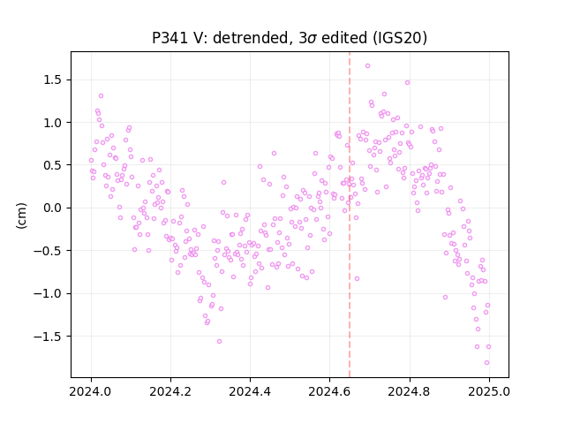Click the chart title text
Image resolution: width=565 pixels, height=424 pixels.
(x=290, y=38)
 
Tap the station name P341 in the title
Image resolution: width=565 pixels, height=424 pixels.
(x=169, y=38)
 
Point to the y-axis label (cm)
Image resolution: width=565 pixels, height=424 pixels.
(x=21, y=216)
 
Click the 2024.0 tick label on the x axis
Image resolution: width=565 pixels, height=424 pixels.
(x=91, y=391)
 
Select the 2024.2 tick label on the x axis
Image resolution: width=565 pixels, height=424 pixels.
(x=170, y=391)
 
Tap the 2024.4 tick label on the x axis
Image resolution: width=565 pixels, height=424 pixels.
(x=250, y=391)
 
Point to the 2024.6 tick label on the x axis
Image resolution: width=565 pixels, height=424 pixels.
(x=329, y=391)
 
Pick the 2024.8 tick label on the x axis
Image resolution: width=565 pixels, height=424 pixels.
(x=409, y=391)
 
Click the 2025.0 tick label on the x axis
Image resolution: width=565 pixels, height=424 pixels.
(x=489, y=391)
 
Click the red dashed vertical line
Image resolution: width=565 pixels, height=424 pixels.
(x=350, y=215)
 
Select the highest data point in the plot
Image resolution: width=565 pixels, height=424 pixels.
(x=367, y=66)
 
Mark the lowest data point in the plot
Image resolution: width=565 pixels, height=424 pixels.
(x=486, y=363)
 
